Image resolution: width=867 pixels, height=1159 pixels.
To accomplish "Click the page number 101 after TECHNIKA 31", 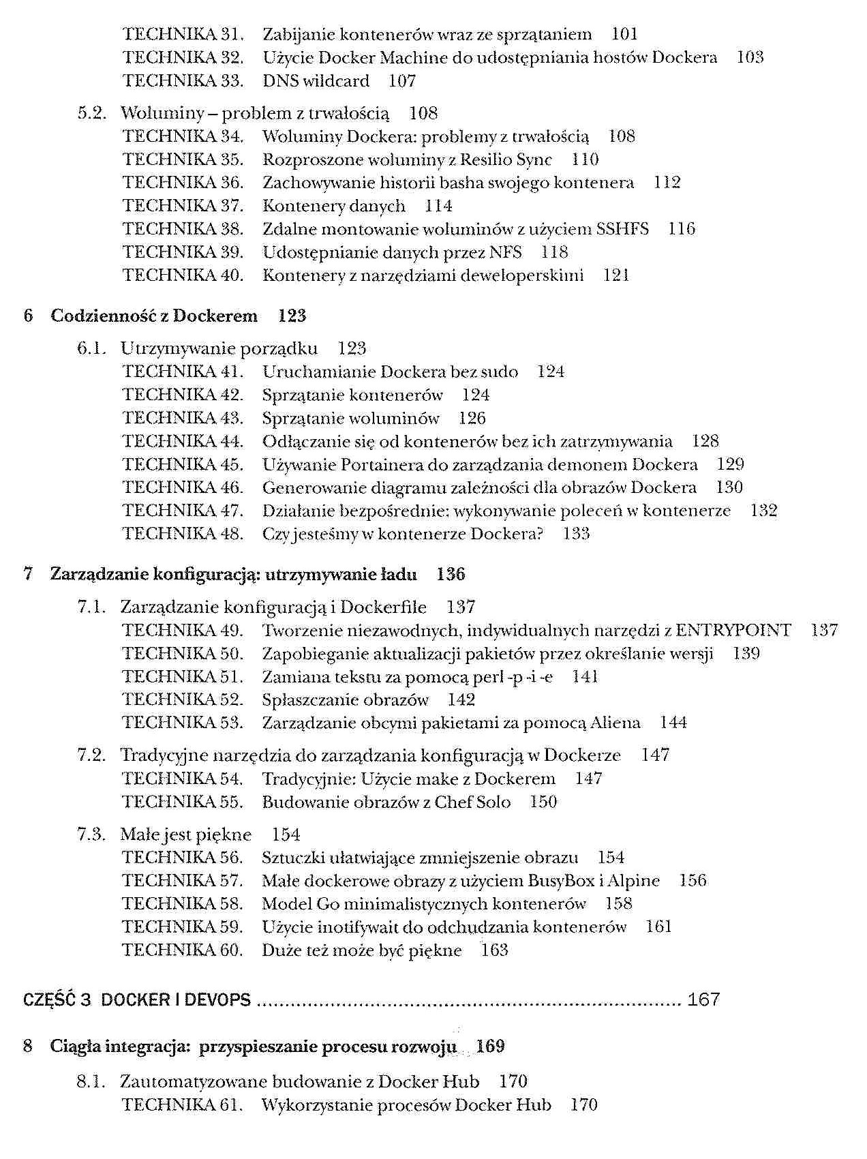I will tap(624, 34).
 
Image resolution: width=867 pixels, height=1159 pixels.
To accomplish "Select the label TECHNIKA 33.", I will tap(183, 80).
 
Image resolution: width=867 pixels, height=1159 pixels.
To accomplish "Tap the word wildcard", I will tap(336, 80).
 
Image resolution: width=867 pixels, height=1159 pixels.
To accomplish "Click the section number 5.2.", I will tap(92, 112).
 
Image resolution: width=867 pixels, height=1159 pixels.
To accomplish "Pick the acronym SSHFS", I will tap(622, 229).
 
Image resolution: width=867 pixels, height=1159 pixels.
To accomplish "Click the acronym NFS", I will tap(506, 252).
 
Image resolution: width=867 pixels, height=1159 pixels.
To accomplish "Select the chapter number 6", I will tap(28, 316).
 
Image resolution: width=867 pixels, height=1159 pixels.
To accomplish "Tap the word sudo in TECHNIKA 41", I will tap(500, 372).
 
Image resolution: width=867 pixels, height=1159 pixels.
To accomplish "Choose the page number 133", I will tap(576, 534).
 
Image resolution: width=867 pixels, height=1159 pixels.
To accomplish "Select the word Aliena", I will tap(615, 723).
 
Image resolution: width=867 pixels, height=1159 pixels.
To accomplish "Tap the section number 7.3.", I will tap(92, 834).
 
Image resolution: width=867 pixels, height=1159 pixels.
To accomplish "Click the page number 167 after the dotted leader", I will tap(703, 999).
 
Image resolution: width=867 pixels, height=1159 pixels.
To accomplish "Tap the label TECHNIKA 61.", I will tap(183, 1104).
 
